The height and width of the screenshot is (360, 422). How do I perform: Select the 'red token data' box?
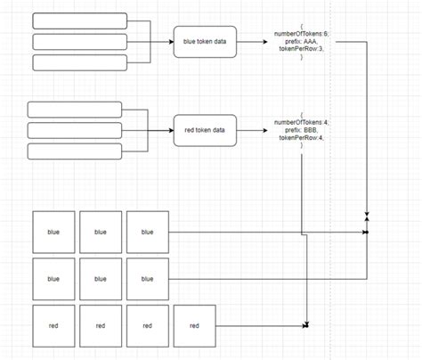pyautogui.click(x=206, y=129)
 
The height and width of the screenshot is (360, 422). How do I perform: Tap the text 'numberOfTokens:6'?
pyautogui.click(x=302, y=32)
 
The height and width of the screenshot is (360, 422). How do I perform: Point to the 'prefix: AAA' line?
pyautogui.click(x=302, y=40)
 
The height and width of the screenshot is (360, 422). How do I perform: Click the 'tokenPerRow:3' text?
pyautogui.click(x=302, y=49)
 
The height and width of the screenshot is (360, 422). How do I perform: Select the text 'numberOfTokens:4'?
pyautogui.click(x=302, y=121)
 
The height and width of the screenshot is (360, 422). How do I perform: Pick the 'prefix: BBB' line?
pyautogui.click(x=302, y=130)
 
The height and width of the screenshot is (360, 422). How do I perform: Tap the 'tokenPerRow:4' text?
pyautogui.click(x=302, y=139)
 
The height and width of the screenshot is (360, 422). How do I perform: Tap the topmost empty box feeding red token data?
pyautogui.click(x=75, y=110)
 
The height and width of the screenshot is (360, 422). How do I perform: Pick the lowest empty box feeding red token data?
pyautogui.click(x=75, y=151)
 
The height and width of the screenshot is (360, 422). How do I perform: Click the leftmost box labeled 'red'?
pyautogui.click(x=53, y=325)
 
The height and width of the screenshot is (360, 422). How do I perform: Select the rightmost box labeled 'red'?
pyautogui.click(x=195, y=325)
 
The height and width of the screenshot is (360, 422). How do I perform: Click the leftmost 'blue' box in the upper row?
pyautogui.click(x=53, y=232)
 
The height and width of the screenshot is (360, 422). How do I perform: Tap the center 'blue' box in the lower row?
pyautogui.click(x=101, y=278)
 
